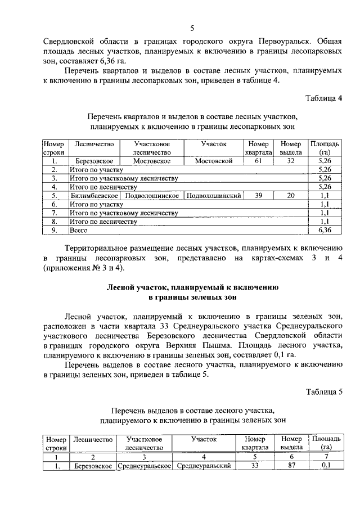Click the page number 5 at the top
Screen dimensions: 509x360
click(x=192, y=28)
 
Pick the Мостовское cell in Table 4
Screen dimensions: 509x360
click(x=152, y=161)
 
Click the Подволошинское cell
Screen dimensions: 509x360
click(x=152, y=196)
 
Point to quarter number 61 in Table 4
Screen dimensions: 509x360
click(x=258, y=161)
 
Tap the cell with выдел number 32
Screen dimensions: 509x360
click(x=290, y=161)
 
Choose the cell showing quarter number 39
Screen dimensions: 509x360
click(x=258, y=196)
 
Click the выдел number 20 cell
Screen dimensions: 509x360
click(x=290, y=196)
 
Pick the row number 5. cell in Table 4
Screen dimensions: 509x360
click(x=55, y=196)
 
